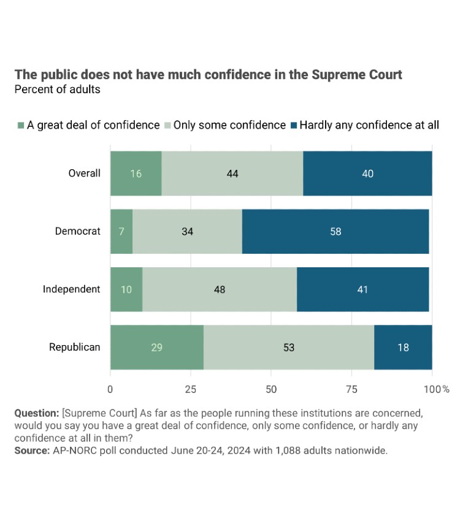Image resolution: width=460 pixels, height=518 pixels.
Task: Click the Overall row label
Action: (84, 173)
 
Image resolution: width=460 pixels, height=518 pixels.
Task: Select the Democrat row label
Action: (77, 231)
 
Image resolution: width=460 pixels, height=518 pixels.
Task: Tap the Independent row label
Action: (71, 289)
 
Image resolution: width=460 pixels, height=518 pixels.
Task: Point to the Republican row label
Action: (74, 347)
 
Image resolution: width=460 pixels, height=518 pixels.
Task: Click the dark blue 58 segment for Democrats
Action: (335, 231)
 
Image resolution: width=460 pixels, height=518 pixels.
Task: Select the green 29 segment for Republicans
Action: (156, 347)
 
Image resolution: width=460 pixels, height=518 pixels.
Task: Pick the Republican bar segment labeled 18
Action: (403, 347)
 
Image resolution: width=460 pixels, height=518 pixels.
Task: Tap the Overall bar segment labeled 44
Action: (232, 173)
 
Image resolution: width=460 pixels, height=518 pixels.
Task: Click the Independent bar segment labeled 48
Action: (220, 289)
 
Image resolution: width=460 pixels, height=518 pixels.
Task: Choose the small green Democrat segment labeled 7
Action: (121, 231)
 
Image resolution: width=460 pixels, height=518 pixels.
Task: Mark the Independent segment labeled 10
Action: (126, 289)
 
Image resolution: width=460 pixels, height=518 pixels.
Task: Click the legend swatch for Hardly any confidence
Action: (293, 125)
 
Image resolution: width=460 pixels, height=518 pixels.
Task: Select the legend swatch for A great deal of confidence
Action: (21, 125)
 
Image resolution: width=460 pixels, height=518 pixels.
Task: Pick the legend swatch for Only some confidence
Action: (167, 125)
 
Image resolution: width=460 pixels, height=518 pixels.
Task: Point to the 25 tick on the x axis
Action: (191, 389)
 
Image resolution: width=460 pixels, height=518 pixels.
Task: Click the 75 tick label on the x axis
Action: (352, 389)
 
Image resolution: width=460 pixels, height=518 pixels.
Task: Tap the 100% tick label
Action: (436, 389)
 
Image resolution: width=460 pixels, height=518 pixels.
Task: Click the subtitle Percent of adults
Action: (57, 90)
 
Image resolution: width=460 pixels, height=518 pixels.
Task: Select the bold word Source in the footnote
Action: (31, 451)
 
